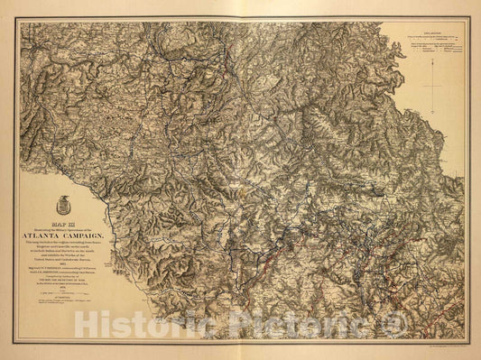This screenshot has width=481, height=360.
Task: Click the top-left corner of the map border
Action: click(15, 15)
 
